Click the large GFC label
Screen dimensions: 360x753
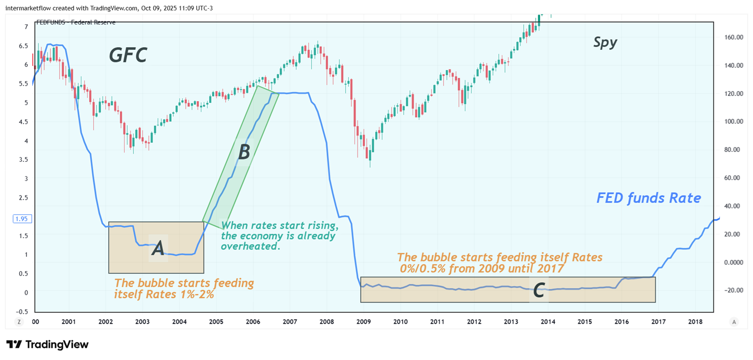pos(128,55)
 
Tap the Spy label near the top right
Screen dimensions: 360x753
pos(605,43)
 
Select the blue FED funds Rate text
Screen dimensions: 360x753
pos(649,198)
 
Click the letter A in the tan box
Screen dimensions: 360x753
pos(158,249)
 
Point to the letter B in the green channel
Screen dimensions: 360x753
pos(244,152)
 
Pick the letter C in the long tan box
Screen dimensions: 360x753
pos(539,291)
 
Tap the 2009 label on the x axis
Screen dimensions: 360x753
pos(363,322)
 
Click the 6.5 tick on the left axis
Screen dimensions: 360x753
pos(23,46)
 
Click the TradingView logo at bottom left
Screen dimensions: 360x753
pos(48,344)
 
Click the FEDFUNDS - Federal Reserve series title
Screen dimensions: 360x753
pos(75,22)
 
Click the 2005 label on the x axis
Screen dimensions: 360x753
pos(216,322)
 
